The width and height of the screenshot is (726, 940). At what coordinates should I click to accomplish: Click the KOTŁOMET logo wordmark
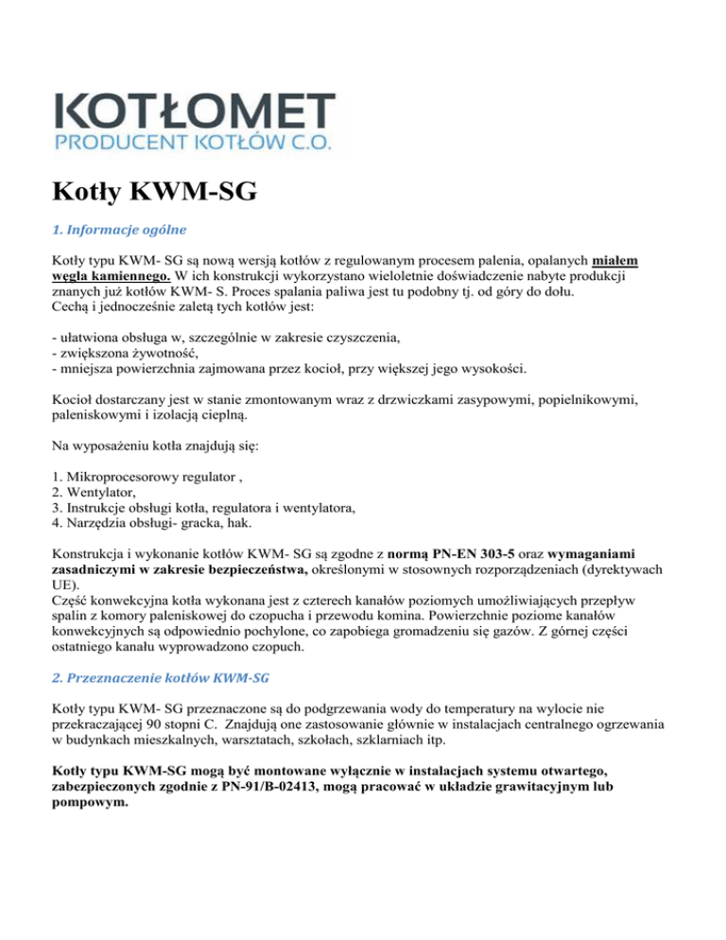(x=197, y=111)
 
